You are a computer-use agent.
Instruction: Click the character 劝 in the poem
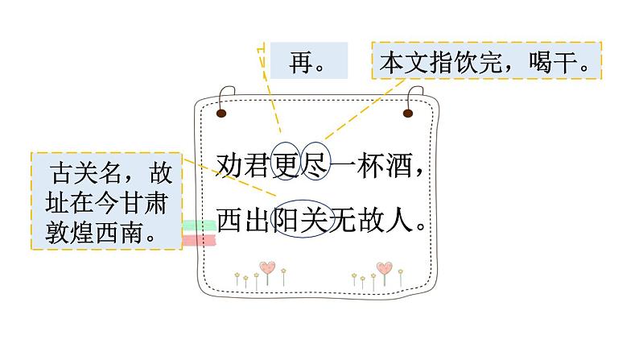[231, 168]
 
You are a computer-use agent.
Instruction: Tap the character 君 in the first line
[259, 168]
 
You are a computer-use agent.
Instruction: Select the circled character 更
[287, 168]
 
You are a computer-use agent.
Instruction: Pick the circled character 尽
[315, 168]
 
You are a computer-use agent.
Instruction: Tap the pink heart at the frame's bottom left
[267, 267]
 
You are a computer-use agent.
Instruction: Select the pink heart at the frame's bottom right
[384, 267]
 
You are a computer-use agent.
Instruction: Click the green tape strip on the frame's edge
[199, 226]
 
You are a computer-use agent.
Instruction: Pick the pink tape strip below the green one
[199, 239]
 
